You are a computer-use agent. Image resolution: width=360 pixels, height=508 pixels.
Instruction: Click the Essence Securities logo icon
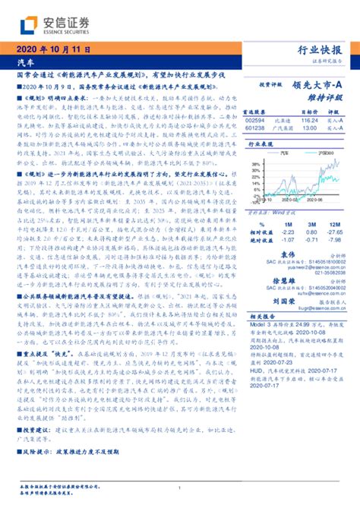pos(29,25)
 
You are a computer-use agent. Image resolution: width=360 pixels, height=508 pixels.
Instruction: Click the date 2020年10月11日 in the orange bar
pos(52,49)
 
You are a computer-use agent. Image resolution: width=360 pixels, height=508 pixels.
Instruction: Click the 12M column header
pos(331,226)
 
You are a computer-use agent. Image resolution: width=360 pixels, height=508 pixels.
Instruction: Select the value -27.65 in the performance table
pos(331,233)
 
